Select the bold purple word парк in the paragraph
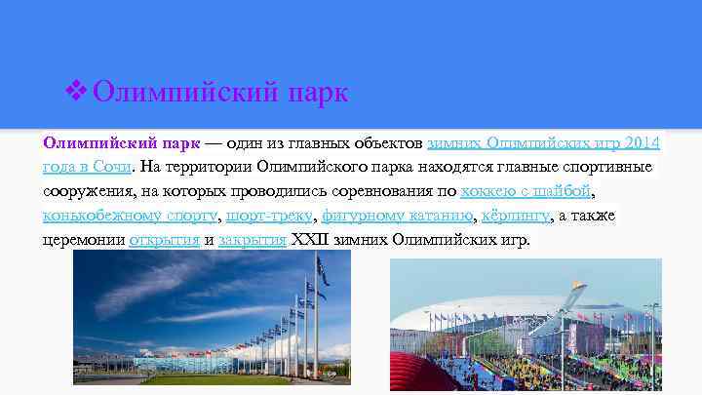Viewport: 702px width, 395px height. [177, 142]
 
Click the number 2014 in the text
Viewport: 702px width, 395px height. [641, 142]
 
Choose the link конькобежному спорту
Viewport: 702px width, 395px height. [131, 215]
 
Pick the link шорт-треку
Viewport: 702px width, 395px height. [269, 215]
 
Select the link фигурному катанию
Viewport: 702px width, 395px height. [398, 215]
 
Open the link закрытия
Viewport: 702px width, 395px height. [252, 239]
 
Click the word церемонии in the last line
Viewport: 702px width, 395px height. [83, 239]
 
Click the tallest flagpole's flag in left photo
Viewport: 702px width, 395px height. [322, 269]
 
